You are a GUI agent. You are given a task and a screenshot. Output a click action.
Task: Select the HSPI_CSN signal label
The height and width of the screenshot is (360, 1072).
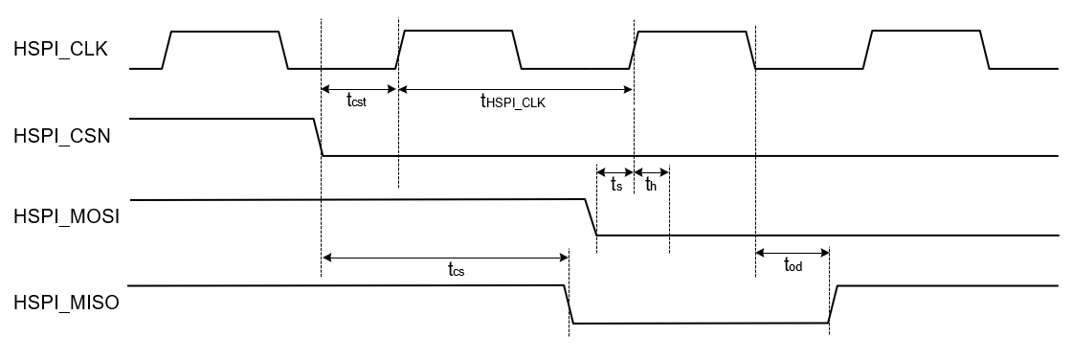(x=62, y=136)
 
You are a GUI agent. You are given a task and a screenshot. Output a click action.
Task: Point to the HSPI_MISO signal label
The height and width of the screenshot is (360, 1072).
(x=64, y=304)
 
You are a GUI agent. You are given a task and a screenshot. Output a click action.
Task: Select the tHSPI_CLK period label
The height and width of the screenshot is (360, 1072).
(x=513, y=103)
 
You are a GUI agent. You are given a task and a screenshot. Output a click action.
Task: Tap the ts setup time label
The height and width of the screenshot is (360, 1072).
(x=616, y=185)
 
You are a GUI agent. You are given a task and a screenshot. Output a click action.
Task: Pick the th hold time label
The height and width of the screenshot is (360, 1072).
(x=651, y=185)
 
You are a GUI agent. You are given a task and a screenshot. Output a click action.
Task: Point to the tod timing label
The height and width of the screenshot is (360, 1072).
(x=793, y=265)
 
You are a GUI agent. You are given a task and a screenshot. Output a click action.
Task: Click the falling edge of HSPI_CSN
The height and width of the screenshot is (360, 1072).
(x=318, y=137)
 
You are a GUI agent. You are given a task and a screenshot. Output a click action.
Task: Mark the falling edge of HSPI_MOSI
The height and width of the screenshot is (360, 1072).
(x=592, y=216)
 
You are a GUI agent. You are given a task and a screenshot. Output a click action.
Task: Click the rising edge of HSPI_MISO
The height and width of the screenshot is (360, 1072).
(x=833, y=304)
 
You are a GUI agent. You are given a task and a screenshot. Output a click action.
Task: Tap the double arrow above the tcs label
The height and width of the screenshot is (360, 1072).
(x=445, y=256)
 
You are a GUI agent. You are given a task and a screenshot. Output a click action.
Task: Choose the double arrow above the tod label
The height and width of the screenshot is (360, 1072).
(x=793, y=252)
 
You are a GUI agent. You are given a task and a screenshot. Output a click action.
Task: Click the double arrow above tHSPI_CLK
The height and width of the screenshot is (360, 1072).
(x=515, y=90)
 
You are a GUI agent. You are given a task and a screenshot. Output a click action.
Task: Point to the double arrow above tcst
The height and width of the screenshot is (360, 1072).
(x=359, y=90)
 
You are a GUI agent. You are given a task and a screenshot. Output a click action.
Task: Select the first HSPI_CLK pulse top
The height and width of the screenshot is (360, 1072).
(x=224, y=32)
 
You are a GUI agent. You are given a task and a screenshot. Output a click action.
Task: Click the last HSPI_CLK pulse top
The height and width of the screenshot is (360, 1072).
(x=926, y=32)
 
